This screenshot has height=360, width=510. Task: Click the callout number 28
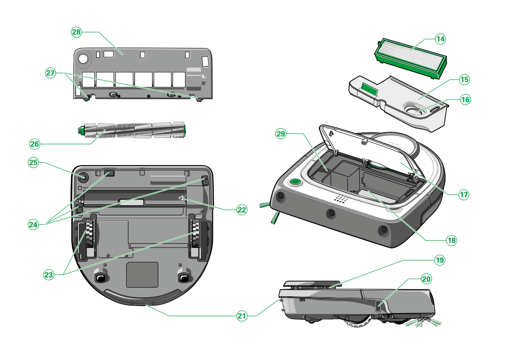[76, 32]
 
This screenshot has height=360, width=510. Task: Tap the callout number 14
[440, 39]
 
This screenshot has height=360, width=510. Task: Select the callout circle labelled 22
[242, 209]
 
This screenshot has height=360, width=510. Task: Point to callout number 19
[440, 260]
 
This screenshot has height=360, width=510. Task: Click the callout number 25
[33, 163]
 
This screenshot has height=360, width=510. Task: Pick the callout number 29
[281, 134]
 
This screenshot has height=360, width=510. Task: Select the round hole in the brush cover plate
[84, 59]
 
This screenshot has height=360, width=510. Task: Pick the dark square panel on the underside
[142, 275]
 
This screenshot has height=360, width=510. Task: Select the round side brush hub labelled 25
[83, 177]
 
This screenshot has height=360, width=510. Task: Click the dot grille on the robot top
[340, 199]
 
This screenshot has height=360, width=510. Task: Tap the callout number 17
[463, 194]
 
